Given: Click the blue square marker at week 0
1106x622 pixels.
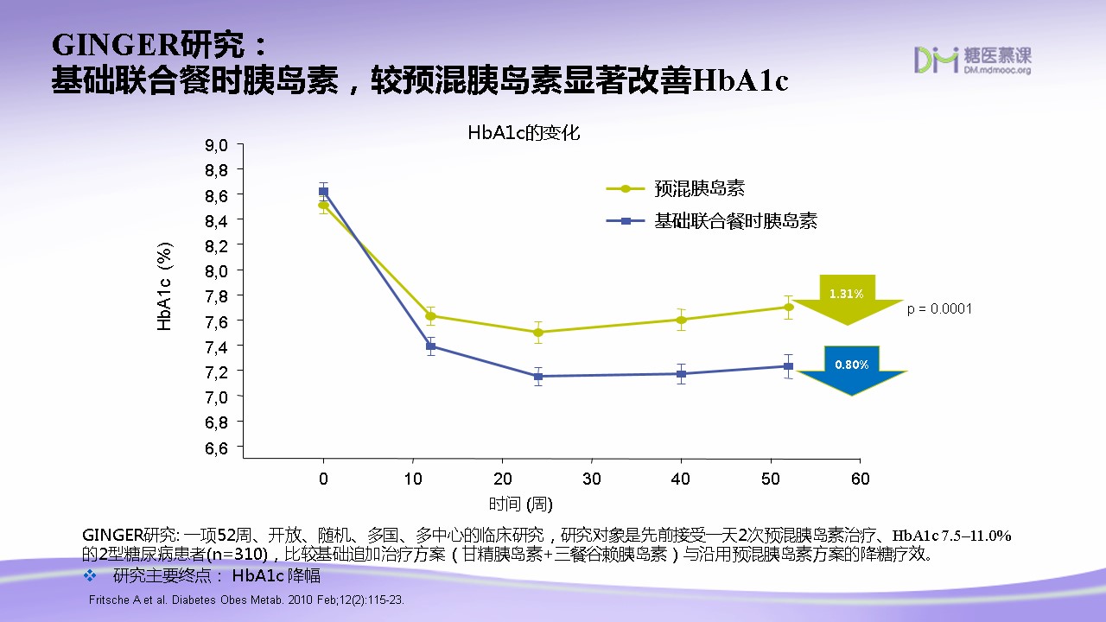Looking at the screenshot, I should [x=324, y=192].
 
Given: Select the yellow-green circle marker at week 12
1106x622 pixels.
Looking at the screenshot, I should [x=430, y=316].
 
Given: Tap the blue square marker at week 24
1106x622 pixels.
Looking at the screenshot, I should [x=537, y=377].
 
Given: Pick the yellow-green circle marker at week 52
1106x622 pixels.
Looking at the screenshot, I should [x=788, y=307].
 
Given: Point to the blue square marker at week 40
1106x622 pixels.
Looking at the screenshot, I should [x=681, y=374].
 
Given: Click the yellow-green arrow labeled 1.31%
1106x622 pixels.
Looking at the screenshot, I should [x=847, y=298].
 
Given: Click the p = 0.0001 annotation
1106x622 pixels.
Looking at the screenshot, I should [x=939, y=308].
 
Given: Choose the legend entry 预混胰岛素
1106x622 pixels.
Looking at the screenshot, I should [x=699, y=188].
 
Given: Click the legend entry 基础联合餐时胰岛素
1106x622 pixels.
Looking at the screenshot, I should [x=734, y=221].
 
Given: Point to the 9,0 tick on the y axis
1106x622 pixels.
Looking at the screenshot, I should [x=216, y=145].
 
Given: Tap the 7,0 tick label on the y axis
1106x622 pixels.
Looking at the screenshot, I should [x=216, y=397].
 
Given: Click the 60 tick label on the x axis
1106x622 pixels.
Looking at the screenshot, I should [x=859, y=479].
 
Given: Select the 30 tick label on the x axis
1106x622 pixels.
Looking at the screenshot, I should [x=591, y=479].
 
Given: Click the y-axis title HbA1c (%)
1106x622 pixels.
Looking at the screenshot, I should [x=165, y=286].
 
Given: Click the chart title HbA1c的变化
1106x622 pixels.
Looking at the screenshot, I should [x=524, y=133].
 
